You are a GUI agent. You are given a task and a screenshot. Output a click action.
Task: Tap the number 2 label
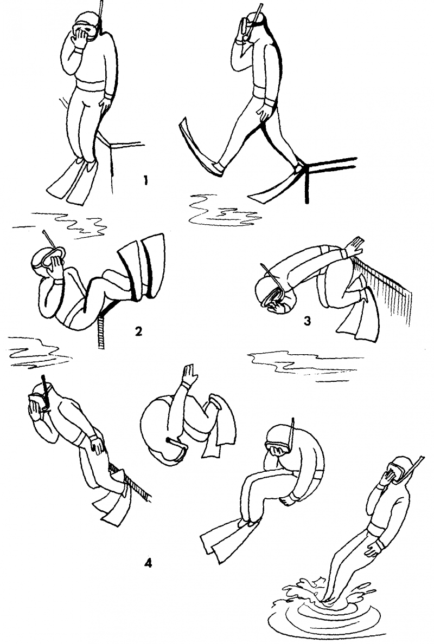click(x=139, y=331)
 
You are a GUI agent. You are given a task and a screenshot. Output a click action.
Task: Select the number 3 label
click(x=307, y=320)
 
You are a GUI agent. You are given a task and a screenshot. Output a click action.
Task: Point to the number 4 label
click(x=148, y=563)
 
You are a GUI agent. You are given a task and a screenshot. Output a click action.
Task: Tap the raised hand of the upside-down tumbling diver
click(x=190, y=373)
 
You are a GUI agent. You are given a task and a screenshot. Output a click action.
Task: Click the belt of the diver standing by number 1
click(x=91, y=87)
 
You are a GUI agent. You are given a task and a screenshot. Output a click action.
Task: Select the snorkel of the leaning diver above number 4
click(x=45, y=392)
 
